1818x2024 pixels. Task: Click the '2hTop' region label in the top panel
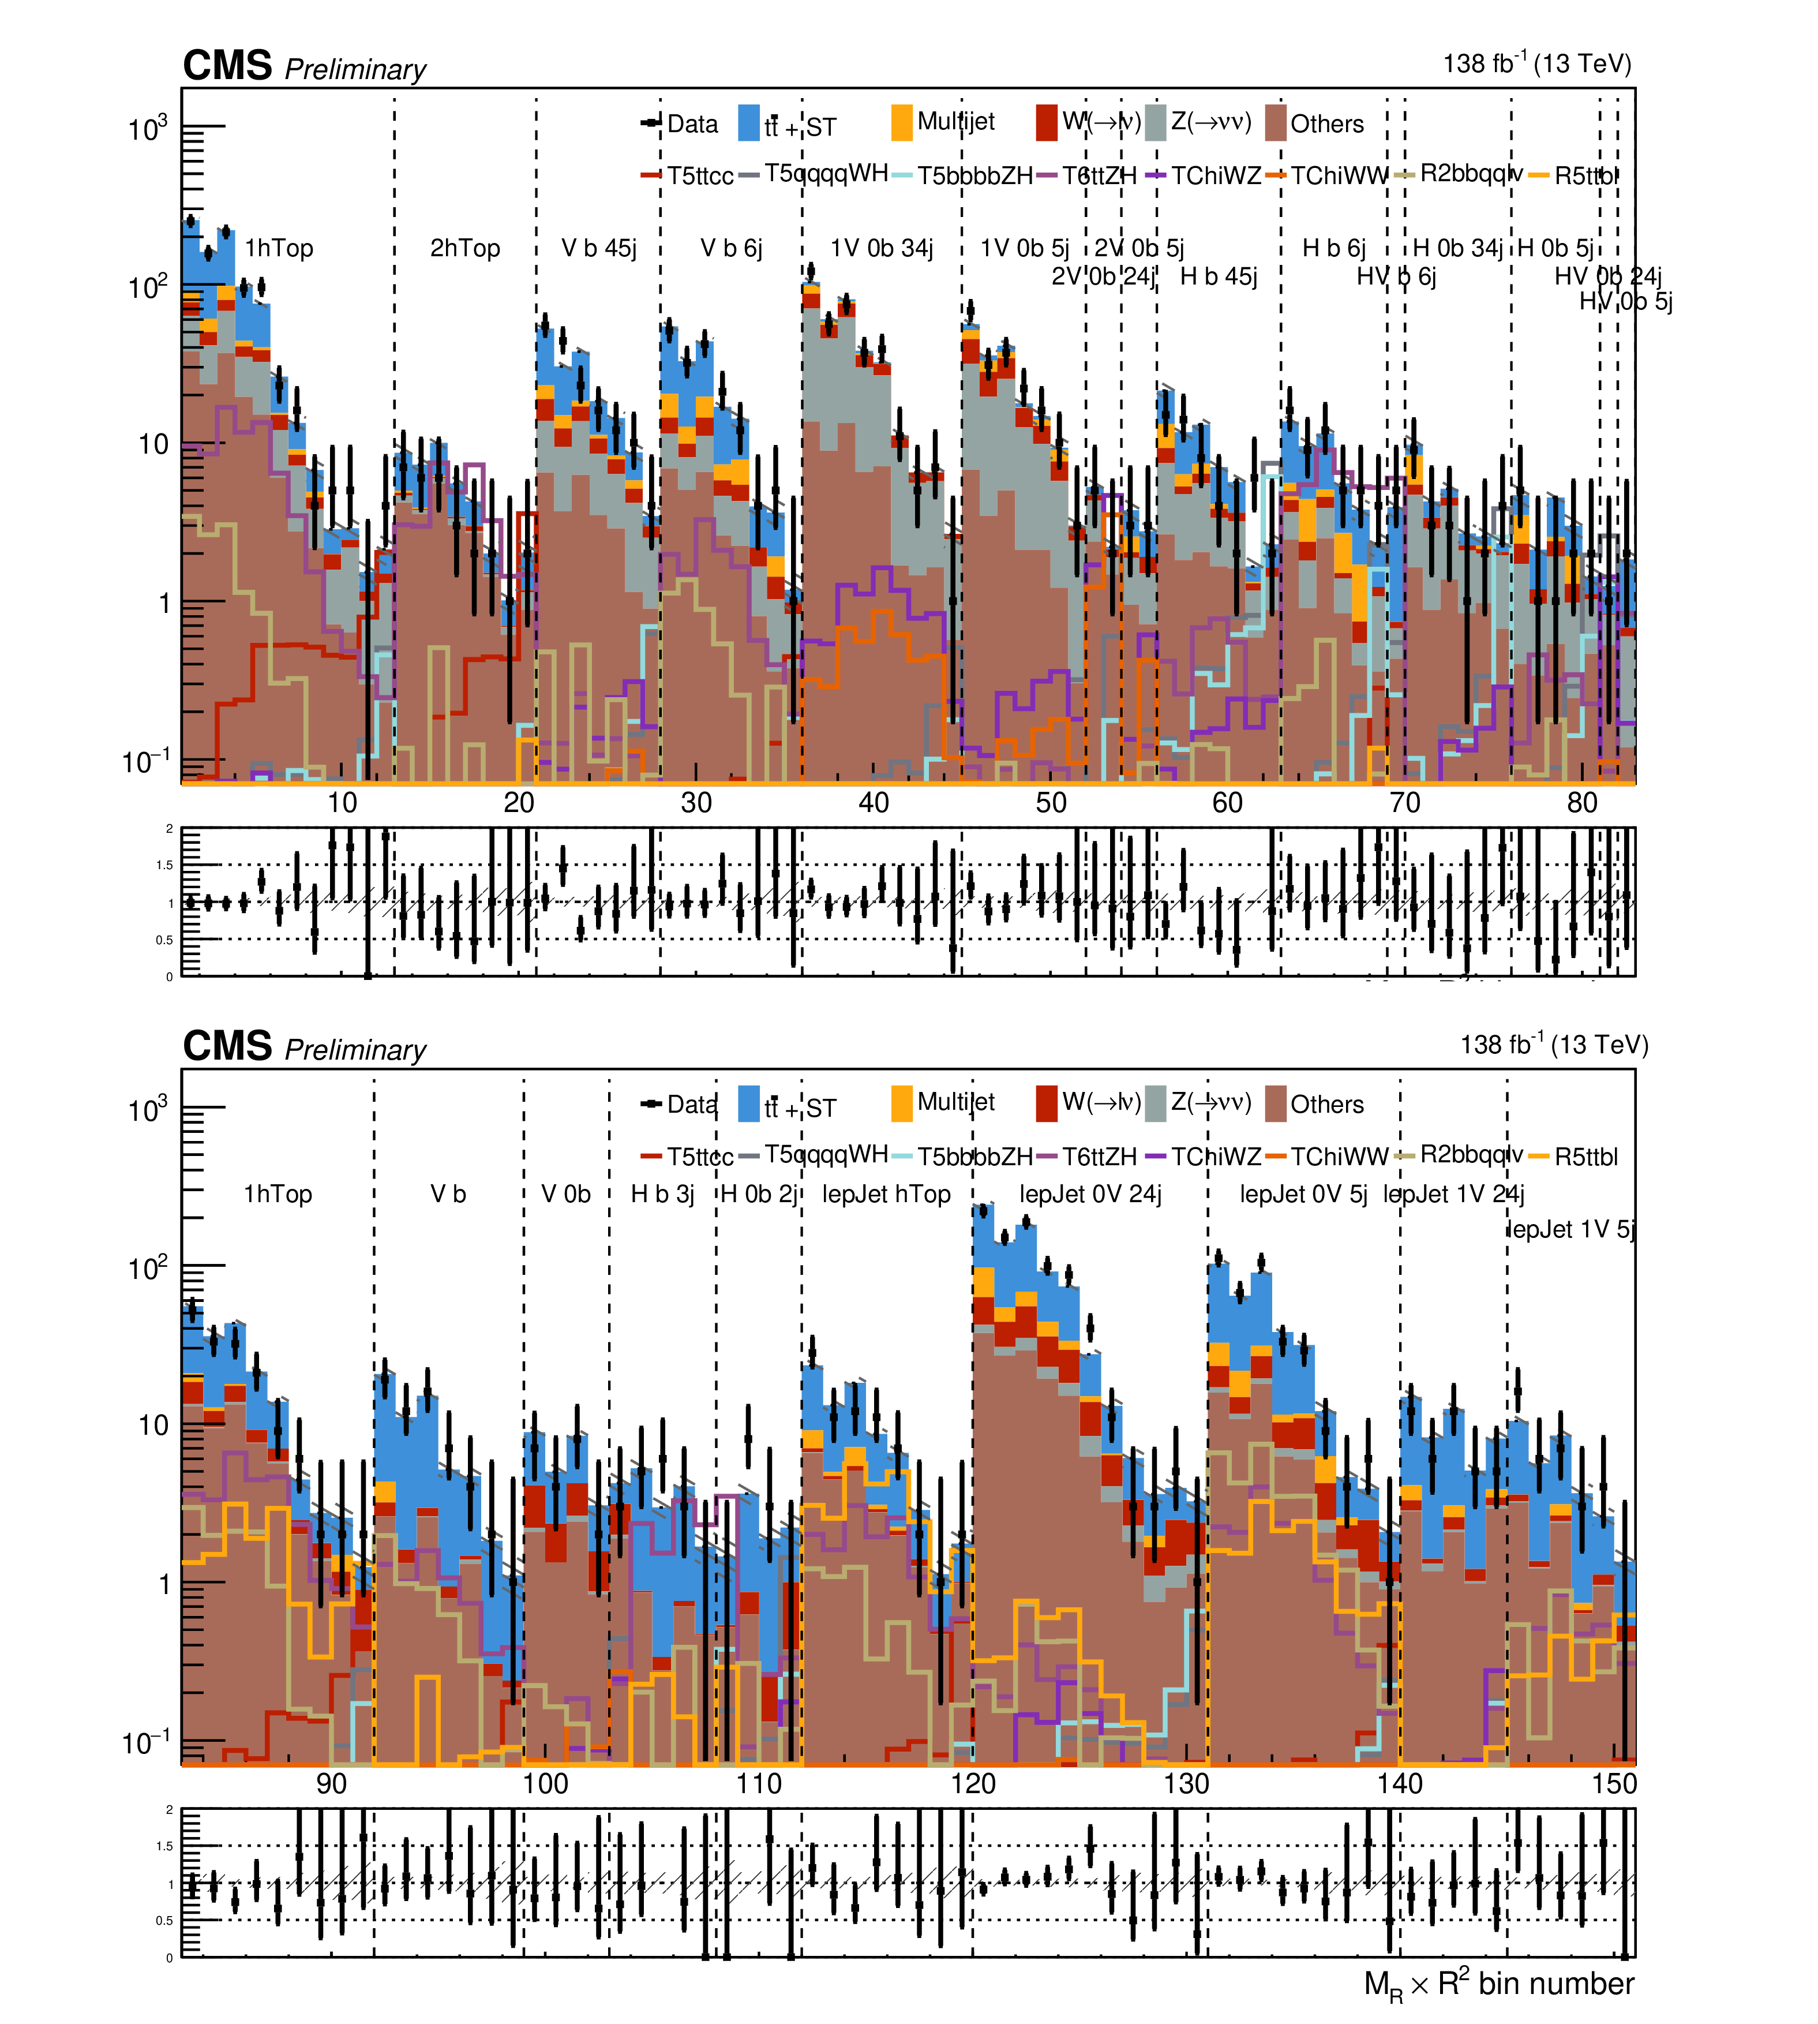(464, 248)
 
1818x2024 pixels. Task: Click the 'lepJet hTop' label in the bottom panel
(886, 1194)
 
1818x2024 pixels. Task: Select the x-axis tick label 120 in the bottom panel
(973, 1783)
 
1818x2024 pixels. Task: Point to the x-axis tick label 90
(332, 1783)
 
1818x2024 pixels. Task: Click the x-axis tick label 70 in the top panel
(1404, 802)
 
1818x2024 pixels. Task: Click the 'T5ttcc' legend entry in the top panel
(699, 176)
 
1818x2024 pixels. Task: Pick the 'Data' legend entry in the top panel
(691, 124)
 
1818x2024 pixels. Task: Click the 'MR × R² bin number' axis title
(1498, 1984)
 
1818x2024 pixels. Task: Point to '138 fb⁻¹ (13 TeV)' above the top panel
(1536, 64)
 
